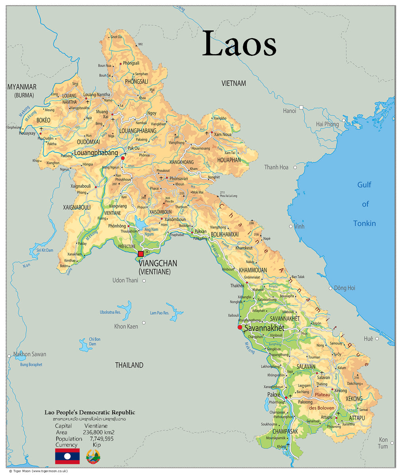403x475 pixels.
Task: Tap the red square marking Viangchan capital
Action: [x=141, y=254]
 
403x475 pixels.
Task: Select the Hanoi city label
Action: [x=289, y=111]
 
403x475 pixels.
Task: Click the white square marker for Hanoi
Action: [x=301, y=107]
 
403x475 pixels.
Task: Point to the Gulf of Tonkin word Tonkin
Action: [x=364, y=224]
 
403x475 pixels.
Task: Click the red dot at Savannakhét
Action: [x=240, y=327]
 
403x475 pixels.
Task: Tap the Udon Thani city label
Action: [x=125, y=281]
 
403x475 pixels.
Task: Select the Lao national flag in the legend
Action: [x=67, y=456]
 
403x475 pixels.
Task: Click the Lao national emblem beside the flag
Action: [x=93, y=456]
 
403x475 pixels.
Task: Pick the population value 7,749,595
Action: [x=98, y=439]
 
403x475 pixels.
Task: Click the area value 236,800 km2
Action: [x=98, y=433]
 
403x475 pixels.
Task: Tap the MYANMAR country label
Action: [x=22, y=87]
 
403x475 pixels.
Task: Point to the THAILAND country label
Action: [x=129, y=365]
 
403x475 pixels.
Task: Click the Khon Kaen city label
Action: [x=126, y=327]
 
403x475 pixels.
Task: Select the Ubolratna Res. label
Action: [x=110, y=312]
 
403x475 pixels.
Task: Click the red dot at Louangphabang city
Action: [x=122, y=158]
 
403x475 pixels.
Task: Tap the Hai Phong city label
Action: [x=327, y=124]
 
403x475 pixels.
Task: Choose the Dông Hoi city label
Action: [x=345, y=288]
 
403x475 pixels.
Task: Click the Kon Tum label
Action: [x=383, y=443]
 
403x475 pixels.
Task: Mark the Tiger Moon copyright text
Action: [x=38, y=471]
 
